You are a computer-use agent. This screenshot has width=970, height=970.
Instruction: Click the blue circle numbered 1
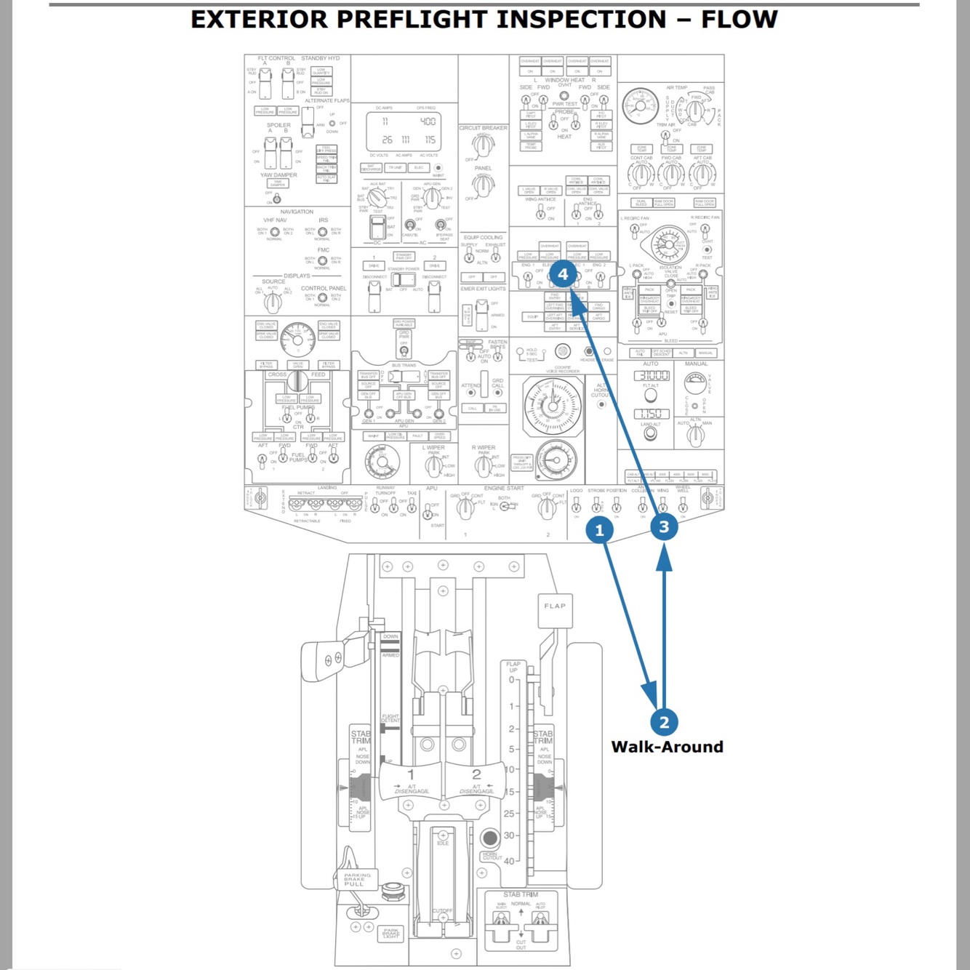click(599, 530)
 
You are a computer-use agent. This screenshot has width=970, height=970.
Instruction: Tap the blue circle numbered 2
click(664, 722)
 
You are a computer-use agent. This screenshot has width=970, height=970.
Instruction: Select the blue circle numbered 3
click(664, 526)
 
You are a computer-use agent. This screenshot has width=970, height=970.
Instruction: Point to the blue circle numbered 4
click(563, 274)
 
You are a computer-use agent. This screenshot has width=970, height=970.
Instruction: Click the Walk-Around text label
click(667, 747)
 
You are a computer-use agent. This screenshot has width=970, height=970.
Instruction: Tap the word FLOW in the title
click(739, 19)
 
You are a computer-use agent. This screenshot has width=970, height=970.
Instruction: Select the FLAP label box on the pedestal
click(555, 606)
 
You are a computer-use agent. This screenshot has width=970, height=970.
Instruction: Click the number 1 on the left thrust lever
click(410, 774)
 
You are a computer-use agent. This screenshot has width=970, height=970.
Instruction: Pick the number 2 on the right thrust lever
click(476, 774)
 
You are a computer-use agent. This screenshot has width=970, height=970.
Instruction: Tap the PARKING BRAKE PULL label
click(357, 879)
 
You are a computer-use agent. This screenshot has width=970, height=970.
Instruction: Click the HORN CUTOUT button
click(489, 838)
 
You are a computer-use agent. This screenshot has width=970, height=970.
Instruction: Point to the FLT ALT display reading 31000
click(652, 376)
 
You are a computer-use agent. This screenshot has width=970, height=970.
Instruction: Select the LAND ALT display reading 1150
click(652, 414)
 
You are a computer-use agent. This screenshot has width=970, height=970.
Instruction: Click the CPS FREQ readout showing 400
click(428, 121)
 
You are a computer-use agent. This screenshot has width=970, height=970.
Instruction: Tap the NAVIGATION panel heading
click(297, 212)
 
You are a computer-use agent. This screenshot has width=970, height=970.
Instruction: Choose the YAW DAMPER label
click(278, 175)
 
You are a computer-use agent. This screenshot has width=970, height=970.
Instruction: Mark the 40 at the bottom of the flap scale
click(509, 861)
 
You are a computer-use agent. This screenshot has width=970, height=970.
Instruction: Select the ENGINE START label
click(504, 488)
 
